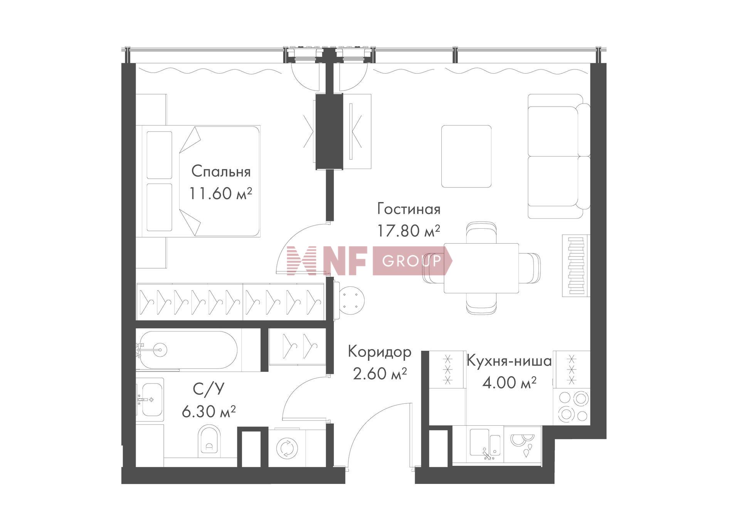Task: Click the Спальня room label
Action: tap(221, 172)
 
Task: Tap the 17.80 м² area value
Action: tap(408, 231)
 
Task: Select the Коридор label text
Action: tap(380, 352)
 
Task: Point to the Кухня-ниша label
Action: tap(509, 361)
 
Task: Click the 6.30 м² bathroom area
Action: tap(209, 412)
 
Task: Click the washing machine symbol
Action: tap(287, 448)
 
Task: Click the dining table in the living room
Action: tap(481, 268)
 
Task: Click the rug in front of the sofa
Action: tap(466, 156)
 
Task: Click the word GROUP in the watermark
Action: tap(411, 261)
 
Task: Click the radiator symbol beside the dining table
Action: tap(576, 266)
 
